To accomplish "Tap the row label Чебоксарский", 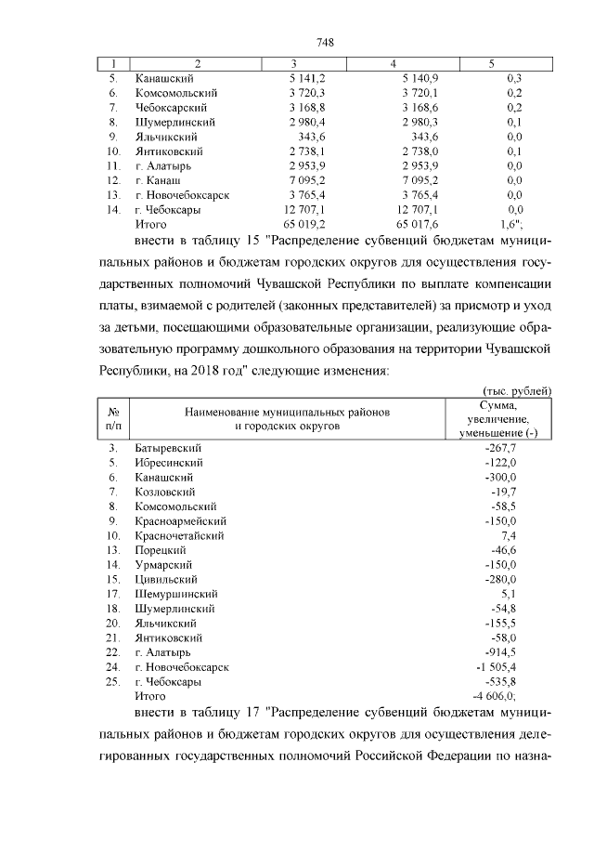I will [x=170, y=107].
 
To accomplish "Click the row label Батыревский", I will [x=168, y=448].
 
